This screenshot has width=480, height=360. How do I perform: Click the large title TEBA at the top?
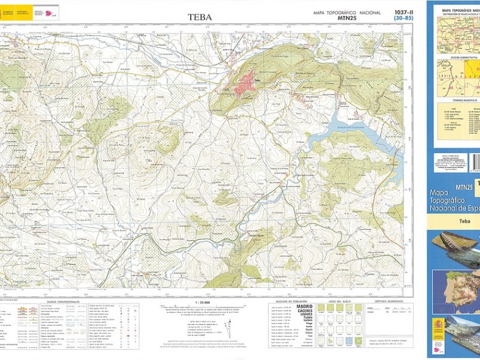[x=200, y=17]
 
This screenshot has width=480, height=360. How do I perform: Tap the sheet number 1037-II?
[x=404, y=12]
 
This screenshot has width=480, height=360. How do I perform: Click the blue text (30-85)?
[x=403, y=19]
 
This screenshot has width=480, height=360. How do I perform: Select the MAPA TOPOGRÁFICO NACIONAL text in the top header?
[x=346, y=13]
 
